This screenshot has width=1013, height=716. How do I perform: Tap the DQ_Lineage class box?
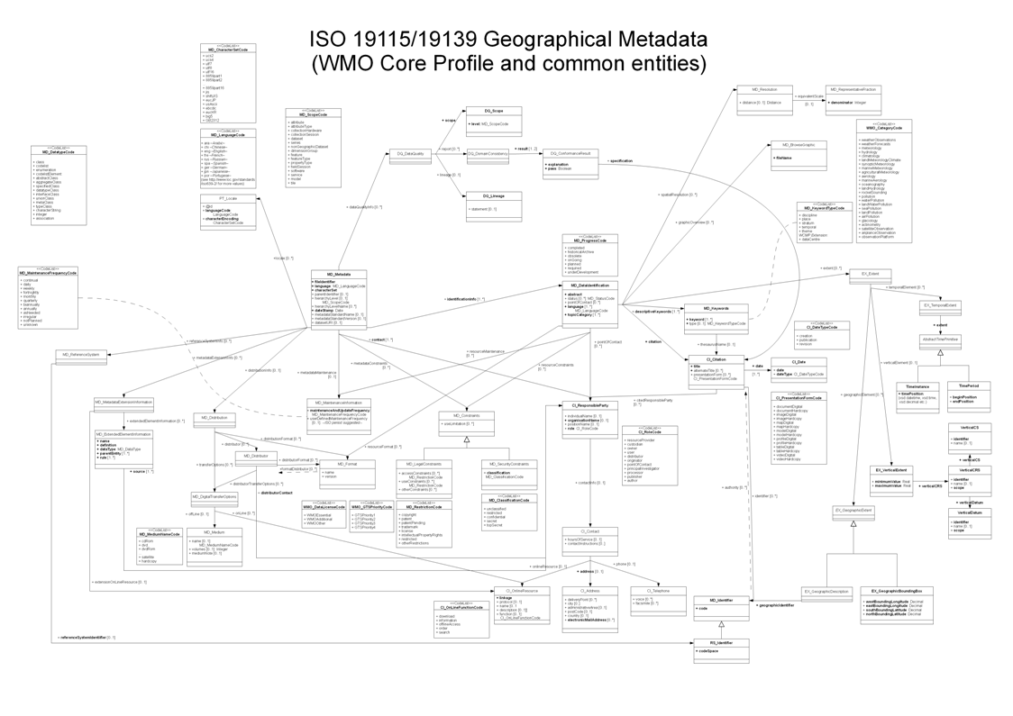point(493,206)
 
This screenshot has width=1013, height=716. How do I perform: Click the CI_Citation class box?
point(716,368)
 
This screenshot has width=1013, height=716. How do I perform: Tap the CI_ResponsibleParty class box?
point(589,417)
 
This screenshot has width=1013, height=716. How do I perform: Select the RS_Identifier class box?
point(720,650)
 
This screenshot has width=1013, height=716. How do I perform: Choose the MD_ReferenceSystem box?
point(81,355)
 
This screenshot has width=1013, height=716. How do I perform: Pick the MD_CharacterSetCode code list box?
point(227,83)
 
